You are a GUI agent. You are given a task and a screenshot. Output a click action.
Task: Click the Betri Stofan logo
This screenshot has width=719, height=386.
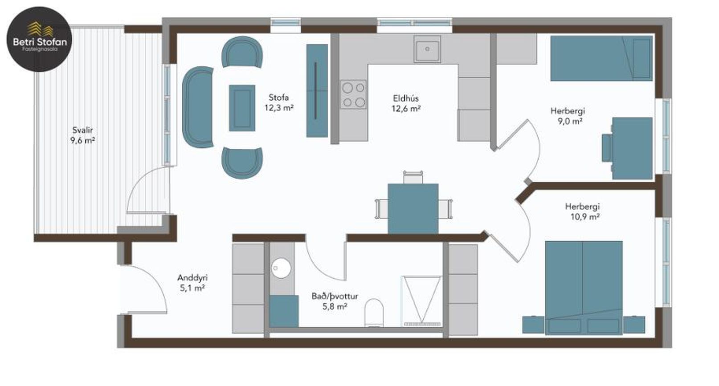pos(39,39)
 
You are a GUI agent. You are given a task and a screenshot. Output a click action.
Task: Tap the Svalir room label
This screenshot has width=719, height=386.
pos(82,130)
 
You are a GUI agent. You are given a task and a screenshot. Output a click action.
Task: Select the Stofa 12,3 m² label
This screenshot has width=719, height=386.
pos(279,102)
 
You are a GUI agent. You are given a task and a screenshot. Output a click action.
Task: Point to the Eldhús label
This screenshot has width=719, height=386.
pos(406,98)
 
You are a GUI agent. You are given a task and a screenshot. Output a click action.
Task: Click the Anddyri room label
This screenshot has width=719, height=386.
pos(192,277)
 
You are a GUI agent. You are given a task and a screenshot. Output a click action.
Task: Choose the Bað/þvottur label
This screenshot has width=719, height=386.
pos(335,296)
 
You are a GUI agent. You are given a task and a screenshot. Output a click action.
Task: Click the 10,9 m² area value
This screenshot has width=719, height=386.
pos(585,217)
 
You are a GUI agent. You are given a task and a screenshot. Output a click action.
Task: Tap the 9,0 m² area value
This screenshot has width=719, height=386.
pos(568,121)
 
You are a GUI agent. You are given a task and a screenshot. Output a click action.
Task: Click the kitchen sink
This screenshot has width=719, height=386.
pos(427,49)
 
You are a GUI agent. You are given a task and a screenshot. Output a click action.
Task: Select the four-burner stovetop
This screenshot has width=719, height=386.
pos(353,94)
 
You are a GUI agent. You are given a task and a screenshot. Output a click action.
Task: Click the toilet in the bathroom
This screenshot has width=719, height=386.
pos(374,313)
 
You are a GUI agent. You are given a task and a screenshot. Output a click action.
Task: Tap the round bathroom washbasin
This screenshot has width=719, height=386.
pos(281,268)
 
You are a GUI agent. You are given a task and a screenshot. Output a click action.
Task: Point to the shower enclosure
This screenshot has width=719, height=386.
pos(421,301)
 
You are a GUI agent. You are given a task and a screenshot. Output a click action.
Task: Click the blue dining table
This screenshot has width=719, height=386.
pos(413,208)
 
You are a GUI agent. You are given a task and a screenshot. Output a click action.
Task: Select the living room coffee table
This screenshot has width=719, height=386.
pos(242,108)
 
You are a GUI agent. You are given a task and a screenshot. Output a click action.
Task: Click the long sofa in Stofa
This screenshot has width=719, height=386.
pos(198,107)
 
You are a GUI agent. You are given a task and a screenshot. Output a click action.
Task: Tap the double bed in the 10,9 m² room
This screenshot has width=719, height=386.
pos(584,288)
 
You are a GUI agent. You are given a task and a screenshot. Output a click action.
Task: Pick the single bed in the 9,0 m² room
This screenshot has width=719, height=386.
pos(601,58)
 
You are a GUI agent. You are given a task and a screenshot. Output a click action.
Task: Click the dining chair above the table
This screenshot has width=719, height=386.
pos(413,178)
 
